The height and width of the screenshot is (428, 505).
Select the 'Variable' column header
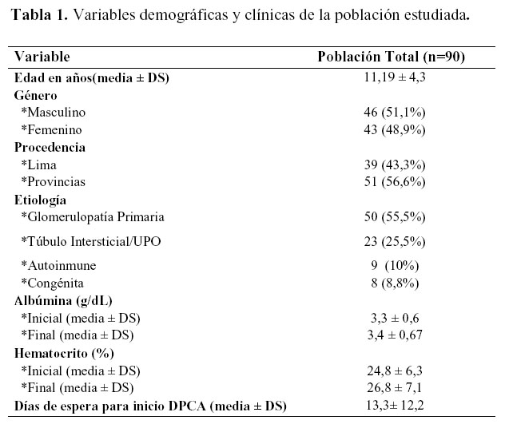(42, 57)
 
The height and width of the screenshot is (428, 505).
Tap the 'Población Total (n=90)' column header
(392, 57)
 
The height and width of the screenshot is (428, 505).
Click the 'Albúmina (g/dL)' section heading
(62, 300)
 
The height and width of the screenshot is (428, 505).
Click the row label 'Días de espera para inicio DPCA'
(112, 406)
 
